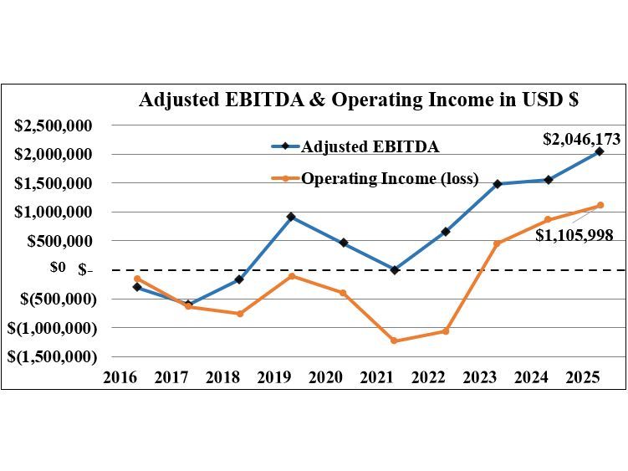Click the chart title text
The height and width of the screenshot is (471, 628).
pyautogui.click(x=359, y=100)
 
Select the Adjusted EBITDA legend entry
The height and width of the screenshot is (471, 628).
pyautogui.click(x=370, y=146)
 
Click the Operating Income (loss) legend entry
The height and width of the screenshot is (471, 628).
pyautogui.click(x=390, y=178)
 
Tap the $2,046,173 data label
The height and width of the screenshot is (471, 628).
pyautogui.click(x=581, y=139)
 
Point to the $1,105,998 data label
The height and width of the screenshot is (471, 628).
pyautogui.click(x=574, y=236)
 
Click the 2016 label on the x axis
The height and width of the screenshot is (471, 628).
pyautogui.click(x=120, y=377)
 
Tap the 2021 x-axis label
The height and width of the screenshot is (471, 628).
pyautogui.click(x=377, y=377)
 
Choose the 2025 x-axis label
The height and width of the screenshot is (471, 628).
pyautogui.click(x=583, y=377)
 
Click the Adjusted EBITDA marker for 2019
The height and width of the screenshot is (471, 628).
pyautogui.click(x=291, y=217)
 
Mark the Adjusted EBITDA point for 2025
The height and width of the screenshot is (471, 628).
pyautogui.click(x=600, y=151)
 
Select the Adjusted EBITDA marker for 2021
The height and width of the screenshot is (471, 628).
pyautogui.click(x=394, y=269)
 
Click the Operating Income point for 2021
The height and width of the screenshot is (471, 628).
pyautogui.click(x=394, y=340)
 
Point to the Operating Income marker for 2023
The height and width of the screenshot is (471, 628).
pyautogui.click(x=497, y=243)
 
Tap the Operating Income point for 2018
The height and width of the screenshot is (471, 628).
pyautogui.click(x=239, y=314)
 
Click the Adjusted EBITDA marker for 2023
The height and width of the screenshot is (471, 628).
pyautogui.click(x=497, y=184)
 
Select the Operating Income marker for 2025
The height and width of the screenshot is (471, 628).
pyautogui.click(x=600, y=205)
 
